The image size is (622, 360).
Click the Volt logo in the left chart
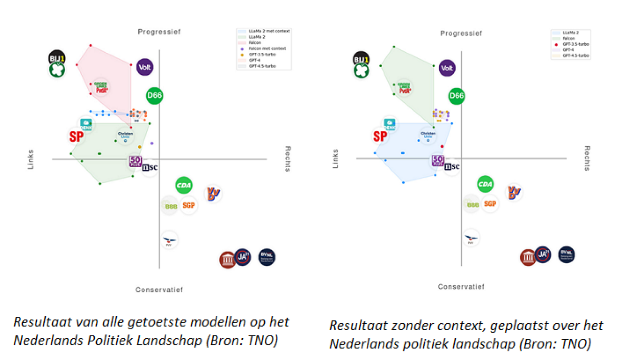pyautogui.click(x=145, y=67)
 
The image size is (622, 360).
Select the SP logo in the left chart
pyautogui.click(x=76, y=136)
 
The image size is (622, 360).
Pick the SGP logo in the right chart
pyautogui.click(x=489, y=204)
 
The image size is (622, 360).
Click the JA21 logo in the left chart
pyautogui.click(x=242, y=258)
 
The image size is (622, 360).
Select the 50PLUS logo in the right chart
pyautogui.click(x=438, y=161)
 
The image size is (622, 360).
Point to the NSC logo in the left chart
pyautogui.click(x=150, y=167)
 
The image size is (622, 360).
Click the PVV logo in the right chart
pyautogui.click(x=471, y=238)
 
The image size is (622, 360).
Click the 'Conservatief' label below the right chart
pyautogui.click(x=461, y=287)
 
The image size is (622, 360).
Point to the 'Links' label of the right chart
pyautogui.click(x=335, y=159)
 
